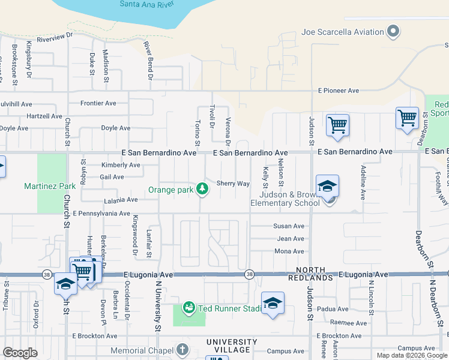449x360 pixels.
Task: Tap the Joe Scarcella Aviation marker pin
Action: coord(394,31)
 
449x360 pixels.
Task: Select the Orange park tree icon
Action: coord(203,190)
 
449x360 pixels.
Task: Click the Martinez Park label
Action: coord(50,186)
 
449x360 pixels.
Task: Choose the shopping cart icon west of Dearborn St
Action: coord(407,118)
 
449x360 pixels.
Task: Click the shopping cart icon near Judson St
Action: coord(338,125)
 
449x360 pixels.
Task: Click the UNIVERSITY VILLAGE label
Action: coord(232,346)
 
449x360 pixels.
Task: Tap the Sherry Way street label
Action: coord(233,184)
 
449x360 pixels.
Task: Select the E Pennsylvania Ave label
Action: coord(101,213)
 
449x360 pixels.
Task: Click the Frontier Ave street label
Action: coord(98,103)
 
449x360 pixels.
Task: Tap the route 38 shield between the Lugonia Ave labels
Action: coord(249,274)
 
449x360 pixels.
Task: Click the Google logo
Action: coord(20,353)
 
